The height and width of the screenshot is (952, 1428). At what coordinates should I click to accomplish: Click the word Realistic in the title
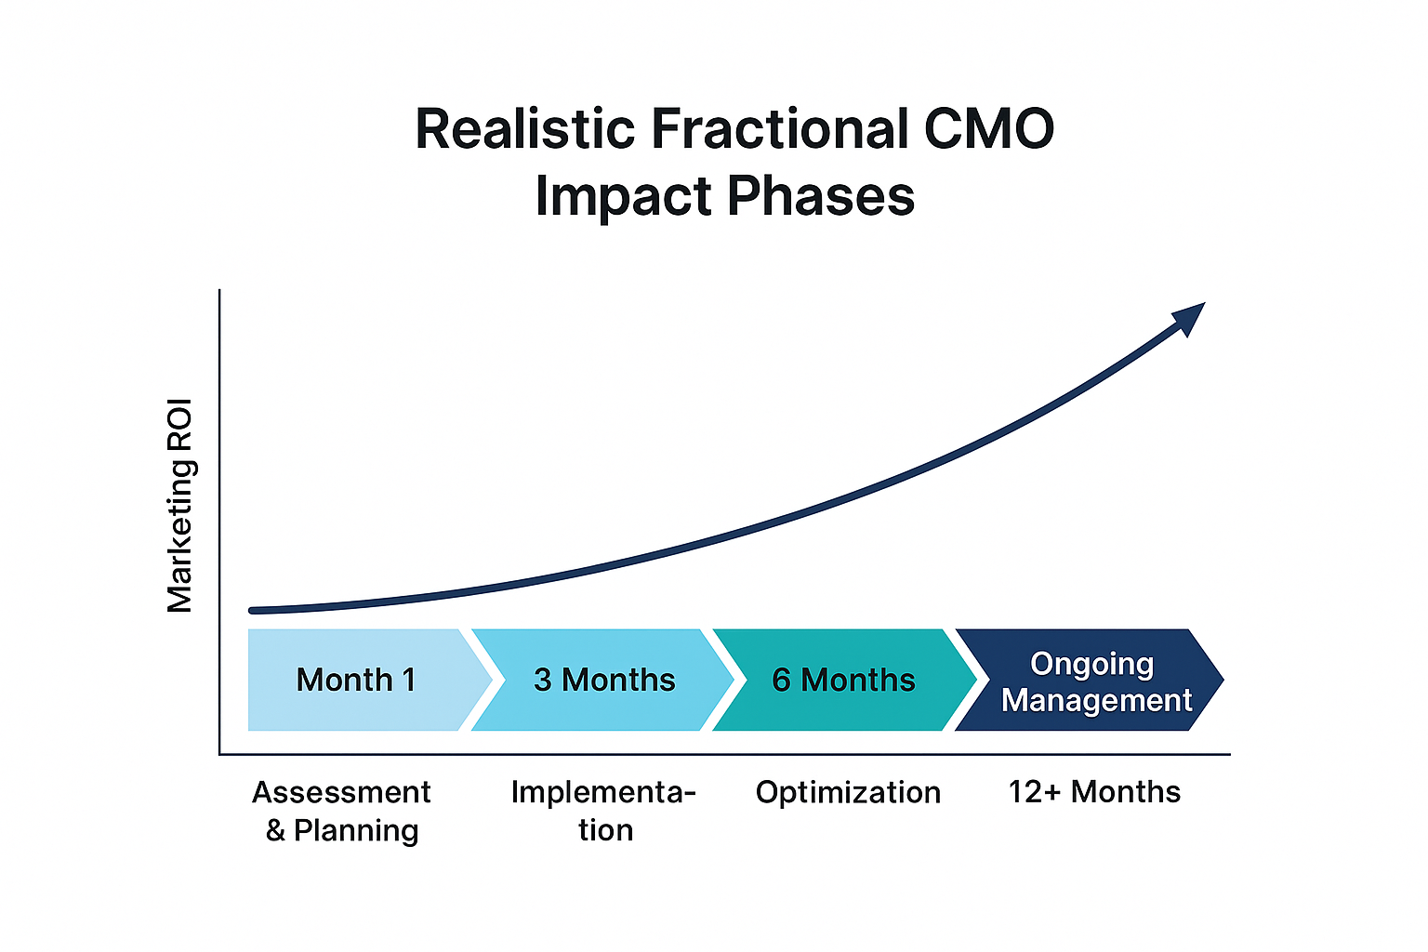tap(526, 129)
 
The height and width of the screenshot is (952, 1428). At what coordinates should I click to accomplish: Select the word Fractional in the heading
tap(779, 129)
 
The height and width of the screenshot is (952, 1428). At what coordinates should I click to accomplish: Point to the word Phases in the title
tap(821, 196)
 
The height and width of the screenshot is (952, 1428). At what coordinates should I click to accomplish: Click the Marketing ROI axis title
tap(179, 506)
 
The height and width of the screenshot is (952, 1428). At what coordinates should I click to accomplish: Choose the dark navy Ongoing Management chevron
tap(1088, 680)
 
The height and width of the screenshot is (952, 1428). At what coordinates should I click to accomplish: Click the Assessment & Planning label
tap(341, 811)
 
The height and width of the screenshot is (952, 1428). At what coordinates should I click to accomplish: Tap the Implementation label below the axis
tap(604, 811)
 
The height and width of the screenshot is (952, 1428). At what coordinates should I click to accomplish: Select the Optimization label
tap(848, 792)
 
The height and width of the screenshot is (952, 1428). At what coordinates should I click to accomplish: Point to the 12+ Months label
tap(1094, 792)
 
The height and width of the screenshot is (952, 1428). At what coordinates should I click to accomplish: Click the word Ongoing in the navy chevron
tap(1091, 664)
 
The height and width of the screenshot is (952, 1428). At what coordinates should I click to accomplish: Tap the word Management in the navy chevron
tap(1096, 700)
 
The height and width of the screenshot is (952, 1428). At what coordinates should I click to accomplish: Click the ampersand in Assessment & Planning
tap(275, 830)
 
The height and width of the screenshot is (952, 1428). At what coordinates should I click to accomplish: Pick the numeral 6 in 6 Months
tap(782, 681)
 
